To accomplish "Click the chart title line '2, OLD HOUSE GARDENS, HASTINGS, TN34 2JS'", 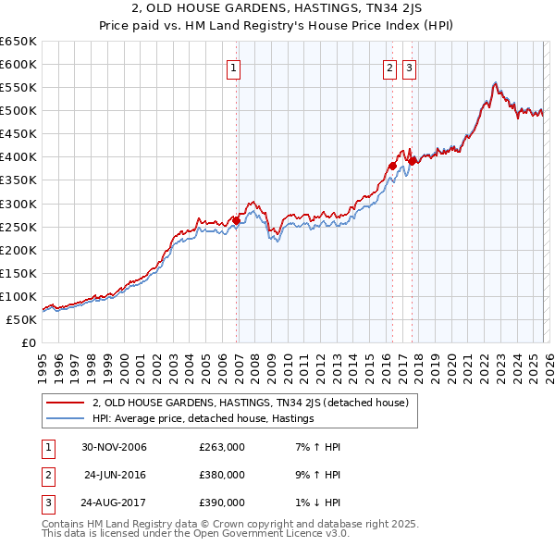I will pos(277,8).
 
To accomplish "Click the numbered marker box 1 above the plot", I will pos(233,67).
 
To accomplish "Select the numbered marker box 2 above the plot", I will pos(389,67).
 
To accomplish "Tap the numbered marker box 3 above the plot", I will pos(409,67).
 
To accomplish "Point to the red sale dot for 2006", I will pos(237,220).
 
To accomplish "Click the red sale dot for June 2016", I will pos(393,166).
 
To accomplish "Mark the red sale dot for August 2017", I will pos(413,161).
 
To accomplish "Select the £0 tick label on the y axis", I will pos(29,343).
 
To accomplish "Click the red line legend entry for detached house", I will pos(256,403).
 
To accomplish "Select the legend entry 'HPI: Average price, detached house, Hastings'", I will pos(203,419).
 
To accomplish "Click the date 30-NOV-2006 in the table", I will pos(114,447).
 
